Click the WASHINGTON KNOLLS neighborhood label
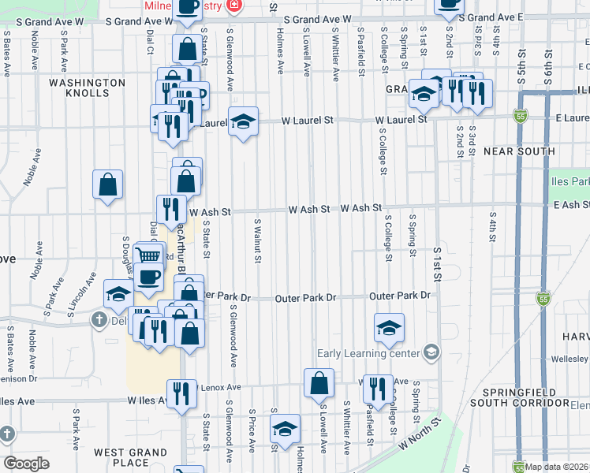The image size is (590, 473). point(87,88)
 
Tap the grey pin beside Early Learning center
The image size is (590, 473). point(431,352)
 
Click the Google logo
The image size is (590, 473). point(26,464)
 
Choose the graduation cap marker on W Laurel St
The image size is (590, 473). point(244,121)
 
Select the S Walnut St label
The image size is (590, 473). point(257,242)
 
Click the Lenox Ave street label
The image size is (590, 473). point(222,387)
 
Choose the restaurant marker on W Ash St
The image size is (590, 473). point(171,209)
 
